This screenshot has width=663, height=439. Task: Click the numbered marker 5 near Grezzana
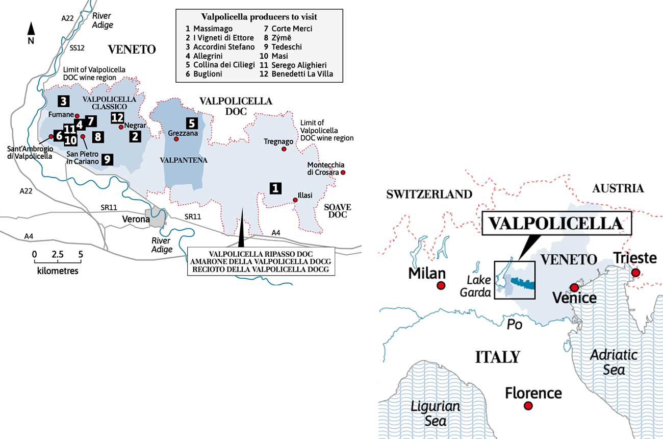click(x=191, y=123)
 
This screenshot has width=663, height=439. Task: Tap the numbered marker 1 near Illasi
click(x=275, y=188)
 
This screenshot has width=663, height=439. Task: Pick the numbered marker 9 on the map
click(x=107, y=159)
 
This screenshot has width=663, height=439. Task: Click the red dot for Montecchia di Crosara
click(x=343, y=173)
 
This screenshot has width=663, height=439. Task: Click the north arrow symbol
click(x=31, y=29)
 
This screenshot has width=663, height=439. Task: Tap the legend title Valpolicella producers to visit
click(x=259, y=17)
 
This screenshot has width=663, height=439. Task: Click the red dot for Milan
click(x=441, y=286)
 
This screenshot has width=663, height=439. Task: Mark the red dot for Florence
click(x=528, y=406)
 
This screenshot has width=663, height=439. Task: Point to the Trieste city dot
click(x=635, y=273)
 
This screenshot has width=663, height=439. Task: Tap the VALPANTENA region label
click(x=184, y=160)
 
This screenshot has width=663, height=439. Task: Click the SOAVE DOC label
click(x=336, y=211)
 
